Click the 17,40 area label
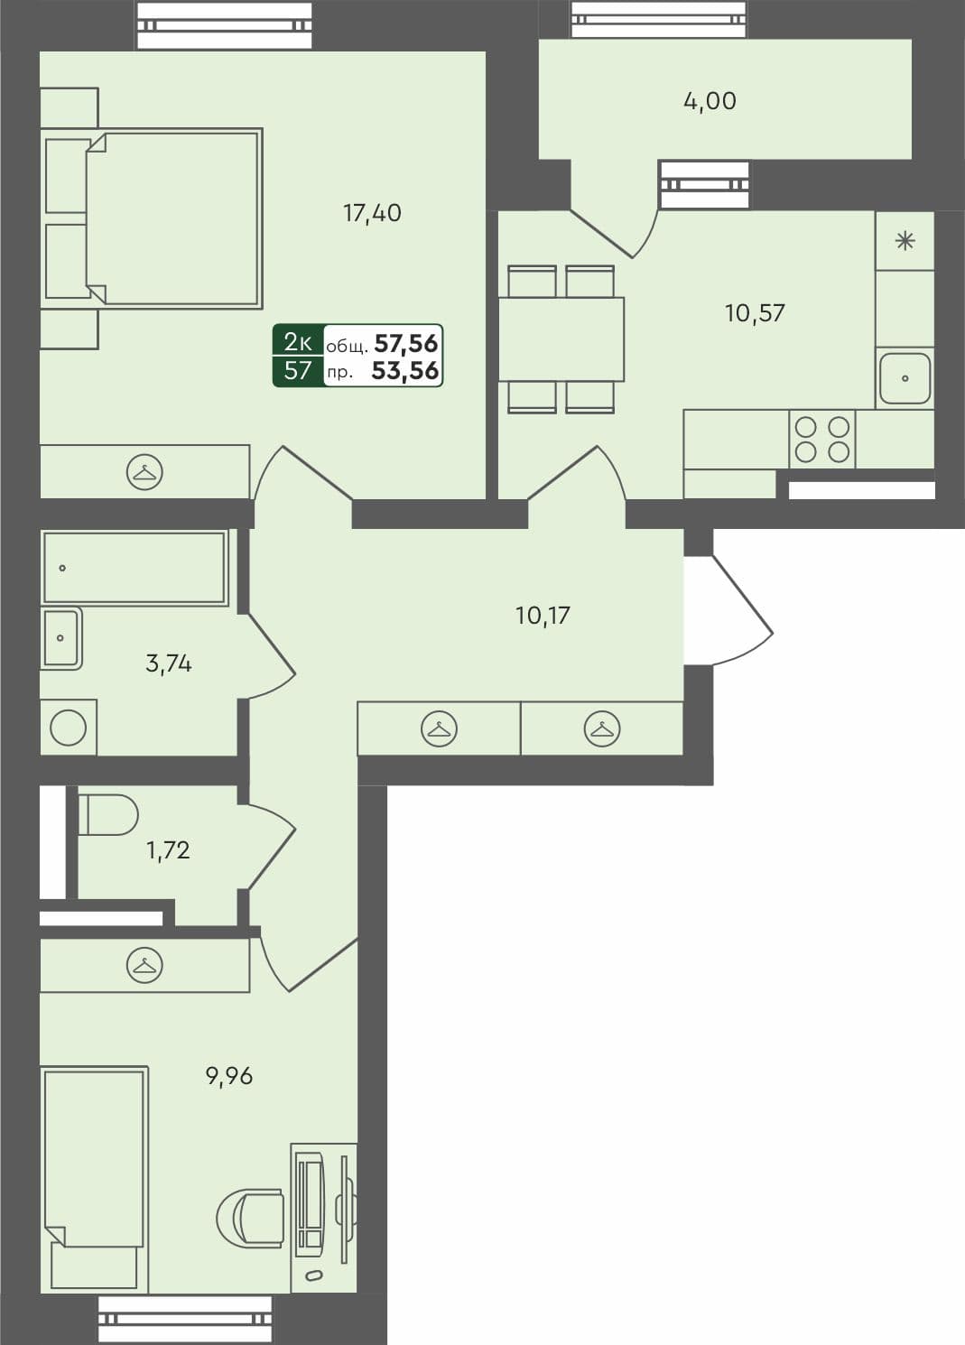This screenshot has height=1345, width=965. (372, 213)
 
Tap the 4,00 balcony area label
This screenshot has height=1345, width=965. (710, 101)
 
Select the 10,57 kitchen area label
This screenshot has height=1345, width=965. (755, 313)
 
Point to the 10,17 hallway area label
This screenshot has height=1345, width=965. (543, 616)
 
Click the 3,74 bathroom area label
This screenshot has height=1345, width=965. (169, 663)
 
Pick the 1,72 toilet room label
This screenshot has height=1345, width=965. (168, 849)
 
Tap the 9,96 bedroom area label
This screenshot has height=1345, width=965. (229, 1075)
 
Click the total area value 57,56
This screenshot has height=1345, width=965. (405, 343)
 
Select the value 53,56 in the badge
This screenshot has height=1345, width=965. (405, 370)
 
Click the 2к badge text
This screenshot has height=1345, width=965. (298, 342)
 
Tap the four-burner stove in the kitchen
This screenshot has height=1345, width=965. (821, 440)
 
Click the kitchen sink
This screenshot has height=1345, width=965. (905, 378)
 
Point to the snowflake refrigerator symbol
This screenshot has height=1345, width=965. (905, 241)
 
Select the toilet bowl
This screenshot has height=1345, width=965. (107, 814)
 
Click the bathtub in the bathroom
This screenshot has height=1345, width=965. (134, 568)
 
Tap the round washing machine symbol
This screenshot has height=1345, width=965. (69, 728)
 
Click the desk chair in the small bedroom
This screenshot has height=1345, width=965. (252, 1218)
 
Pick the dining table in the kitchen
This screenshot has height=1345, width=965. (561, 339)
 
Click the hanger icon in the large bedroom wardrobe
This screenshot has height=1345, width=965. (144, 472)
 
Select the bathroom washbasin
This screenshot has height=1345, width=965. (61, 638)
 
